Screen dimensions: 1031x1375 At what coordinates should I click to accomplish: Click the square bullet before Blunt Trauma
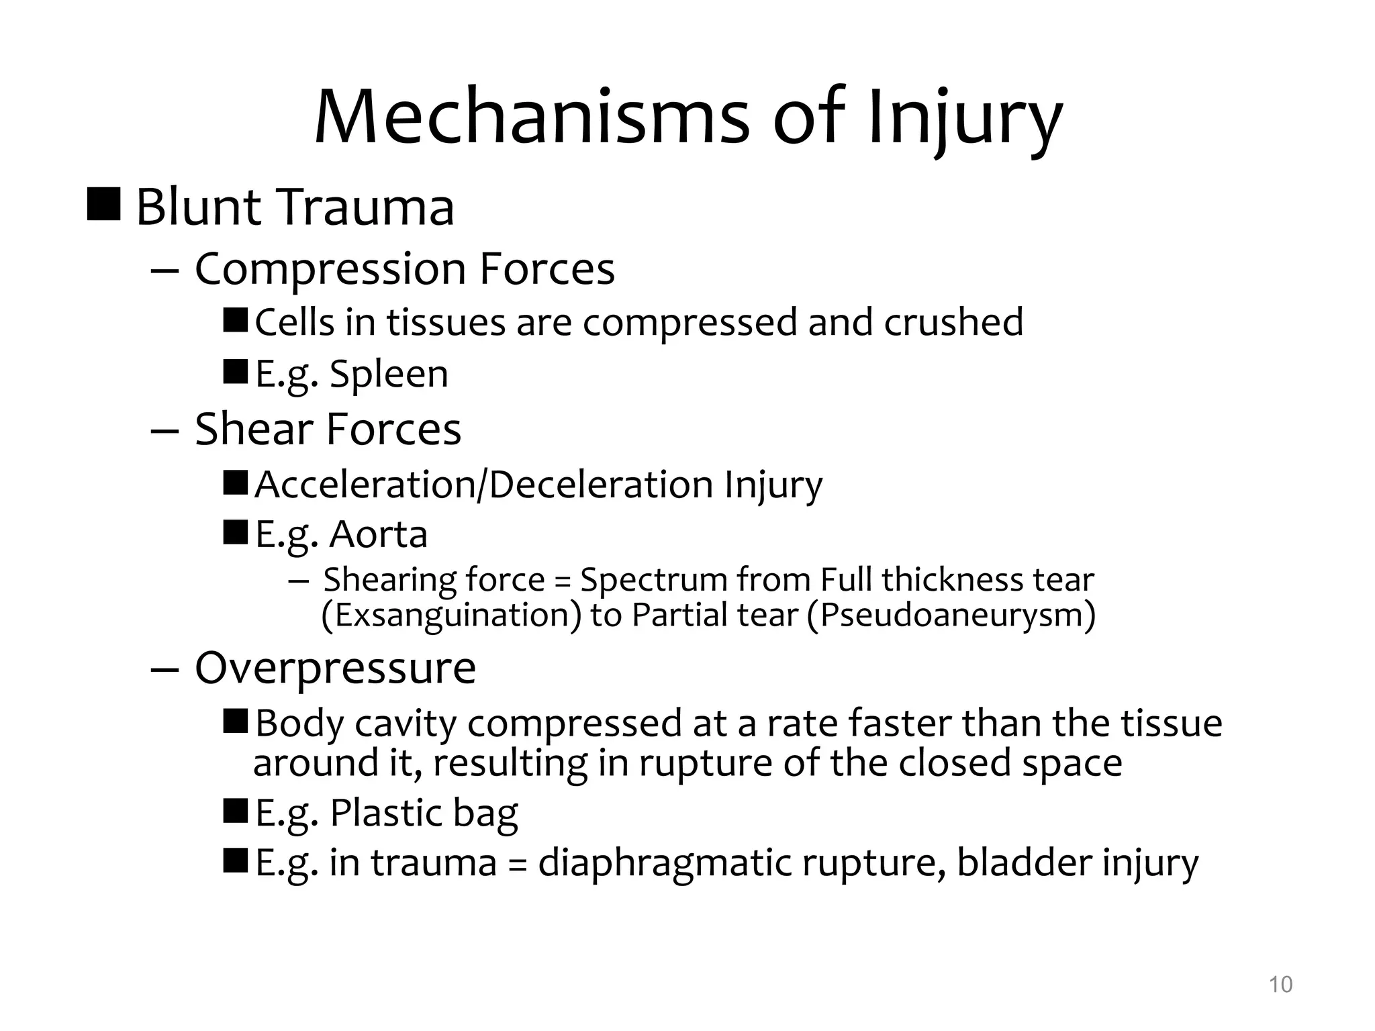104,204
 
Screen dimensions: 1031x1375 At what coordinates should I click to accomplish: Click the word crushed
953,322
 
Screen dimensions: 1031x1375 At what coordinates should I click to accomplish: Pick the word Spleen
389,374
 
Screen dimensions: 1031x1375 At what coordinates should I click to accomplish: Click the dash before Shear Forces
164,430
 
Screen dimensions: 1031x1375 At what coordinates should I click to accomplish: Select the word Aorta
379,534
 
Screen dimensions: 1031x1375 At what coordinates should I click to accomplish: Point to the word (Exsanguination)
451,616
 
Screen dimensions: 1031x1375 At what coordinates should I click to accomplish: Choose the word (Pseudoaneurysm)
951,616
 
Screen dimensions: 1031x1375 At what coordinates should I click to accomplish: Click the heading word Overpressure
335,668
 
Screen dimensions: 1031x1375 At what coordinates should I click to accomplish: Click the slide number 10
1280,985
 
